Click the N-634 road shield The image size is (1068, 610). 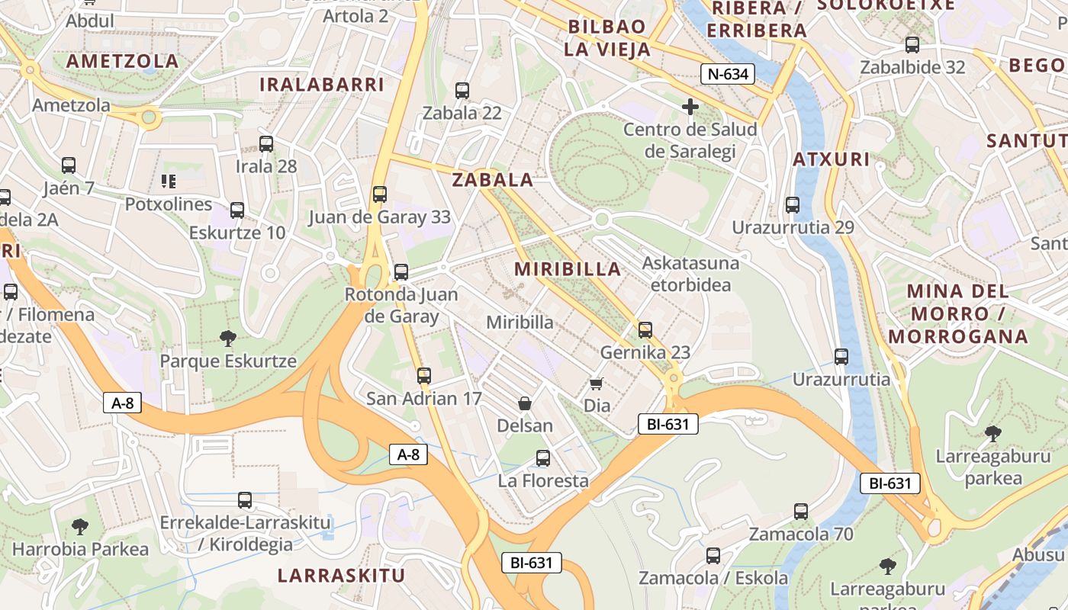(x=728, y=74)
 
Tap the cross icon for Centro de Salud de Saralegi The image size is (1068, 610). (x=690, y=107)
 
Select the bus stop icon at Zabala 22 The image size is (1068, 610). (x=462, y=91)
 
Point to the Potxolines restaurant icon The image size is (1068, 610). (x=168, y=181)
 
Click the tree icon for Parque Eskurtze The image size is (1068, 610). (x=227, y=338)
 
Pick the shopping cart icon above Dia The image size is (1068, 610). (x=597, y=383)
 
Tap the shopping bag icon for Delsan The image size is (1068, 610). (x=525, y=403)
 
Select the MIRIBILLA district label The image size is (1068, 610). (x=568, y=269)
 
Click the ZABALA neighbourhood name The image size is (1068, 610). (x=493, y=180)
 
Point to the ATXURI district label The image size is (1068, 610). (x=831, y=159)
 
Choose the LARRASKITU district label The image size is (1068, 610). (x=341, y=575)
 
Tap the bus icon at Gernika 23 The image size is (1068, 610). (x=645, y=330)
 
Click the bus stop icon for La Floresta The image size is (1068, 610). (x=543, y=458)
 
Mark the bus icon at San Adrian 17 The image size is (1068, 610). (x=424, y=376)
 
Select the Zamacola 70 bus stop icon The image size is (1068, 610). (x=801, y=512)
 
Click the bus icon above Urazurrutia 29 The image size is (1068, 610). (x=793, y=205)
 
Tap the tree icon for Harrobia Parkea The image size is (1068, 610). (x=80, y=526)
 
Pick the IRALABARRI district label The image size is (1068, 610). (x=322, y=85)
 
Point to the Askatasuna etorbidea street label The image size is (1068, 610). (x=691, y=274)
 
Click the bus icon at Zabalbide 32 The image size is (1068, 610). (x=912, y=44)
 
